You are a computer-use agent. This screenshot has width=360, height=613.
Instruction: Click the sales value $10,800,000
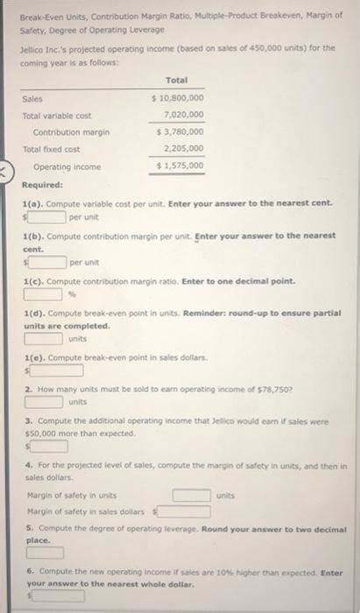click(x=179, y=98)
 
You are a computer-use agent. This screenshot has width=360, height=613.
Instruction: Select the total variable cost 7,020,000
click(x=184, y=114)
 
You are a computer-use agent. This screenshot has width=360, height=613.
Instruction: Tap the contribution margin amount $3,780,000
click(x=179, y=131)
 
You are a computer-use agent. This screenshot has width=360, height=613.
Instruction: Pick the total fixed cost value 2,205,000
click(x=184, y=148)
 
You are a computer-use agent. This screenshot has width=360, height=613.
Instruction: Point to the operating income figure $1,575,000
click(x=179, y=166)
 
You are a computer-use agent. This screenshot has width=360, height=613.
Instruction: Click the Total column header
click(x=177, y=80)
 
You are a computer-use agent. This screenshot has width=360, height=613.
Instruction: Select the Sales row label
click(x=33, y=99)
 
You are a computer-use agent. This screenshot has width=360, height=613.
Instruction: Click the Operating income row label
click(x=67, y=166)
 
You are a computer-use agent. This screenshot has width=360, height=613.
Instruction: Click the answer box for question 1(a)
click(x=47, y=215)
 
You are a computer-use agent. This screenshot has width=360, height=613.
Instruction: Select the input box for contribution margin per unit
click(x=47, y=261)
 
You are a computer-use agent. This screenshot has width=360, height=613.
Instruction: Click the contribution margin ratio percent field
click(x=42, y=294)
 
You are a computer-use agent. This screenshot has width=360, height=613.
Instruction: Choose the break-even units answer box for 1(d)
click(x=42, y=338)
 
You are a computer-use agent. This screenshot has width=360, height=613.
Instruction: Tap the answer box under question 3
click(x=49, y=446)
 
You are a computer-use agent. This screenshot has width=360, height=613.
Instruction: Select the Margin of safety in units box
click(x=191, y=494)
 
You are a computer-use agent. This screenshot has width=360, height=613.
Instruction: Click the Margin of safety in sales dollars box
click(x=184, y=511)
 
